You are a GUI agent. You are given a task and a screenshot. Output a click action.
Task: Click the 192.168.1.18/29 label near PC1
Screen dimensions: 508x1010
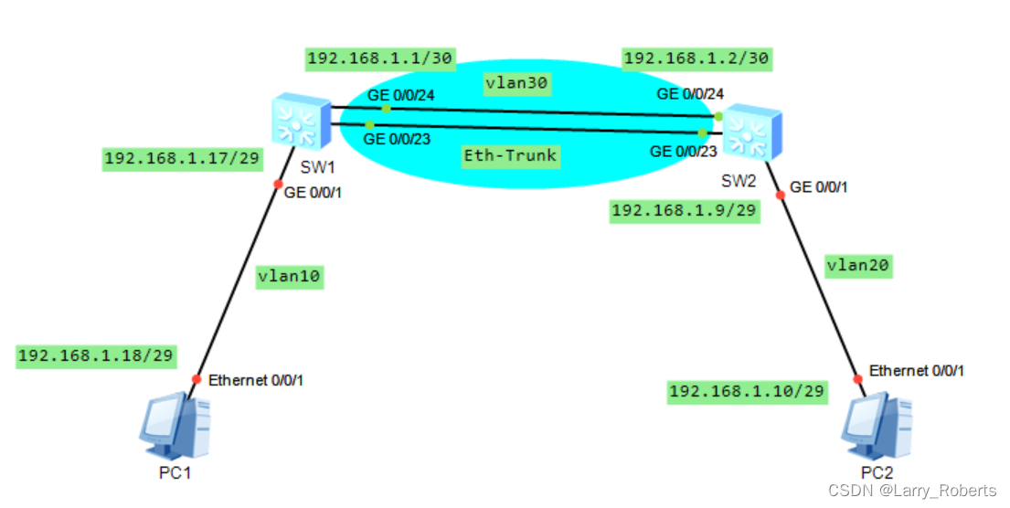tap(96, 356)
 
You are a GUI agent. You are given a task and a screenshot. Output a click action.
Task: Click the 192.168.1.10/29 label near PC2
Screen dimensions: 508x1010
tap(747, 392)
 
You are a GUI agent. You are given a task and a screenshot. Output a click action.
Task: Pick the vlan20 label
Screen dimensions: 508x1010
tap(856, 266)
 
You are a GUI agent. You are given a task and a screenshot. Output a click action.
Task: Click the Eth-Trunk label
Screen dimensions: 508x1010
tap(510, 155)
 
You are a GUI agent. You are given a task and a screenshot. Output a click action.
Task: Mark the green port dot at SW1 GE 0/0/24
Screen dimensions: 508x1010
tap(386, 108)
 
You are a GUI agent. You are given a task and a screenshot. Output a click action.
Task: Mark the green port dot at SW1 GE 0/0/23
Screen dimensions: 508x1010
tap(369, 124)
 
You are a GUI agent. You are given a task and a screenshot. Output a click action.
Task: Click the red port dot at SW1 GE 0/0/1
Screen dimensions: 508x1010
tap(278, 184)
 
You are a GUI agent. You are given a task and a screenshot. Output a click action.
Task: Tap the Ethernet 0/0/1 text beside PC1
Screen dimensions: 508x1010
tap(256, 380)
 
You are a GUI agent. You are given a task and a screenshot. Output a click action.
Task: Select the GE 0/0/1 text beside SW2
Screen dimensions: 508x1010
tap(818, 187)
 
